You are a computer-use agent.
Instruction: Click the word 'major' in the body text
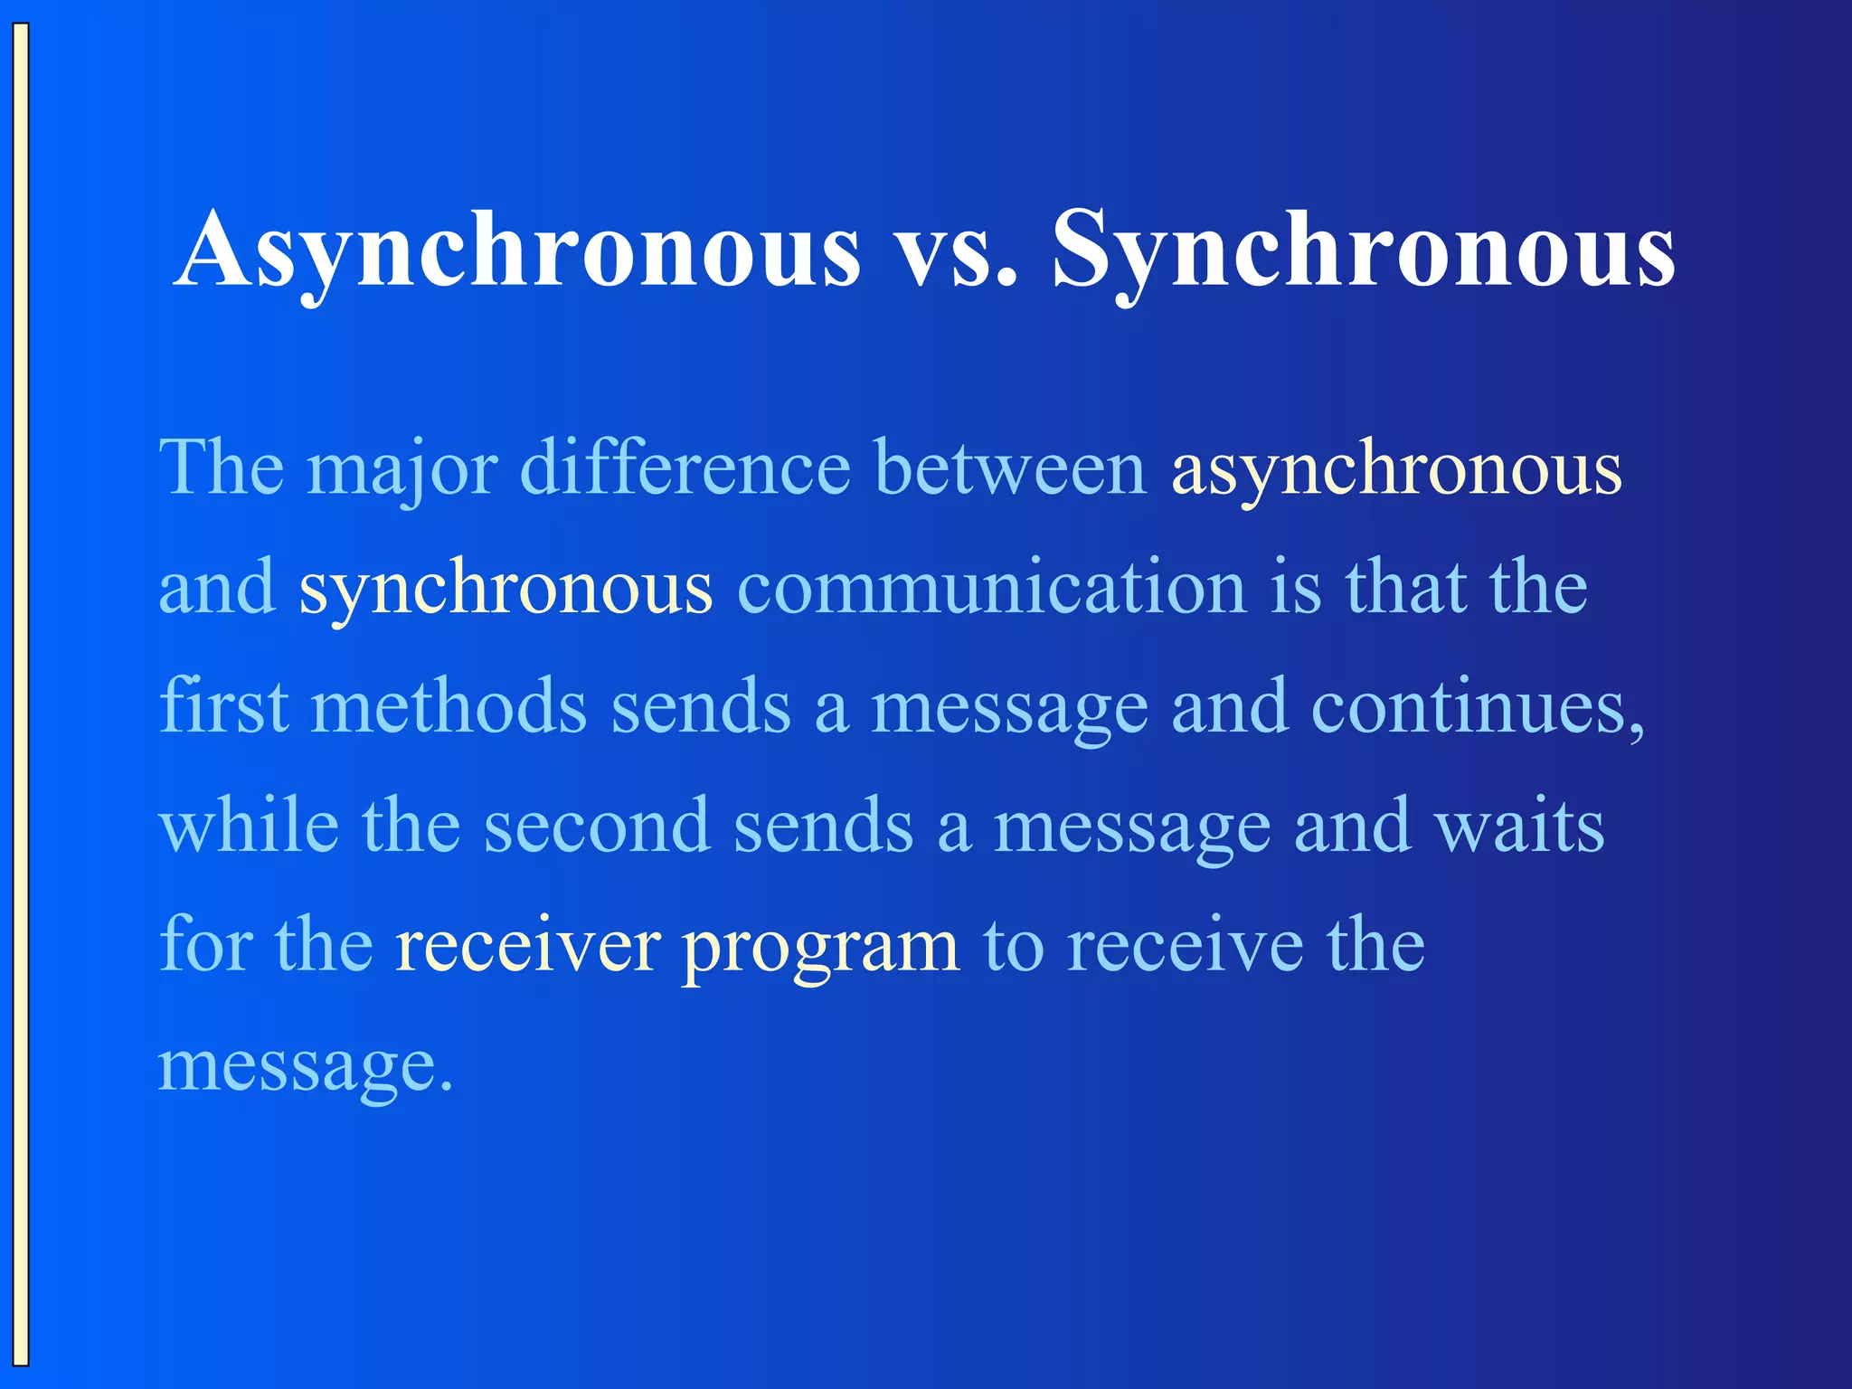402,470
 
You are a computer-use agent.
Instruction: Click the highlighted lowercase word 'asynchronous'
1396,470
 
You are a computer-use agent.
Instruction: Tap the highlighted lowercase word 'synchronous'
506,590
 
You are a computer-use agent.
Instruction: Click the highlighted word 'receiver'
527,946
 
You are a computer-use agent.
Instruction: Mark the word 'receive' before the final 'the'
1185,946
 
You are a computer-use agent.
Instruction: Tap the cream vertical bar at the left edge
21,694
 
